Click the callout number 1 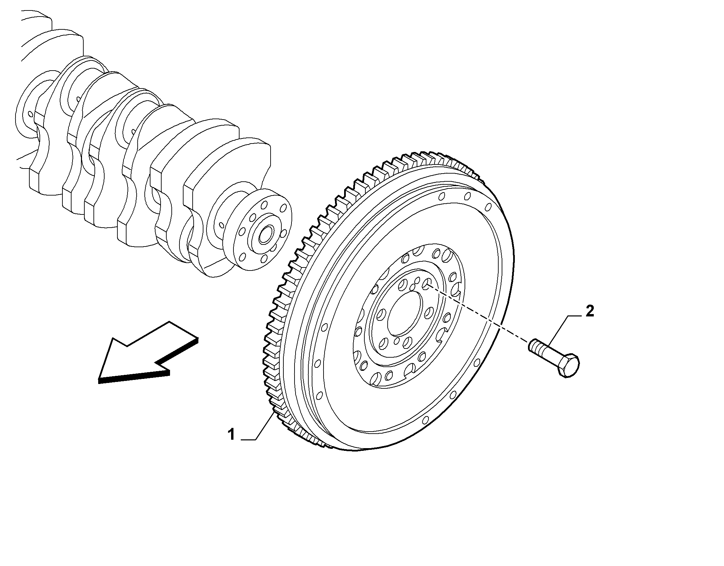(x=231, y=434)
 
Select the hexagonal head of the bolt (x=568, y=365)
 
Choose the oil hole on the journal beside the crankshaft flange (x=221, y=224)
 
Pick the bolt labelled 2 (x=554, y=358)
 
